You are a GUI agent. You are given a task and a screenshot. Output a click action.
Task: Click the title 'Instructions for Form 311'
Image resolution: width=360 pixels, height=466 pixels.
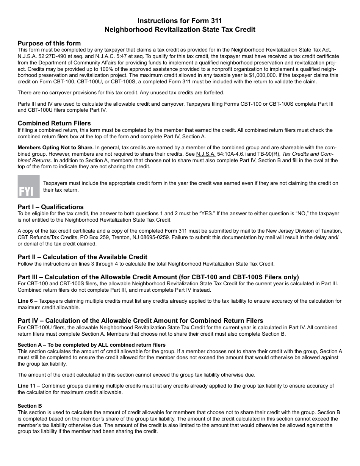180,20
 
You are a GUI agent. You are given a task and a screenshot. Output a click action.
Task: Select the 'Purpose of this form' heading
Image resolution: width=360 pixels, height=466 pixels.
49,43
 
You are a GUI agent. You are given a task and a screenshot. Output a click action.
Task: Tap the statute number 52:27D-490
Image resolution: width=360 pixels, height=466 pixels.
54,56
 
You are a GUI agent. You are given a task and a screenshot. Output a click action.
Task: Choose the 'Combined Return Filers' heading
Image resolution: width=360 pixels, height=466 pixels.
54,123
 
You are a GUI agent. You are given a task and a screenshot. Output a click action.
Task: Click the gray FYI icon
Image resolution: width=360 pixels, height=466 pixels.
28,186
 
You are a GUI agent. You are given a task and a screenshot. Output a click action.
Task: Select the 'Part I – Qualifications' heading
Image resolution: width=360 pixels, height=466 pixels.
50,207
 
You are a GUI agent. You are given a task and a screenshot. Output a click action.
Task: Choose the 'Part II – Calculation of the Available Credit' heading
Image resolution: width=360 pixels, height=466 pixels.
82,257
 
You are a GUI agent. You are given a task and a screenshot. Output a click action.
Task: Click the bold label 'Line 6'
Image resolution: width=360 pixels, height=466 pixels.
25,301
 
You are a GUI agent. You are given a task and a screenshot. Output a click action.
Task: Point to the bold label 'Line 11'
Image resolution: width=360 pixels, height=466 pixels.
27,386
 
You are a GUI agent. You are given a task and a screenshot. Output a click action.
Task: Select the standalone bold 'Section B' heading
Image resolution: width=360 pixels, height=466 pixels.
30,406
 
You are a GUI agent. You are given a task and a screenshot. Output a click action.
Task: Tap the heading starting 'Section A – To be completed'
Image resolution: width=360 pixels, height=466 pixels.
91,345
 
